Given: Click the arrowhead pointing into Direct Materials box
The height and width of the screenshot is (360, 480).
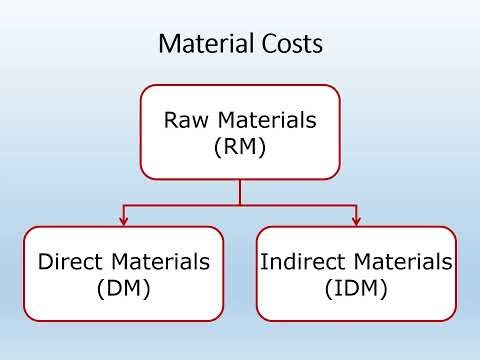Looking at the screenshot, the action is pyautogui.click(x=123, y=220).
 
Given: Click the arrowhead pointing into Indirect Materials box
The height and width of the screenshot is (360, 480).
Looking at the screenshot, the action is pyautogui.click(x=356, y=220).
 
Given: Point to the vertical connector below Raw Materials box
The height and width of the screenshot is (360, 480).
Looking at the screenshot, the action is pyautogui.click(x=240, y=192).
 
